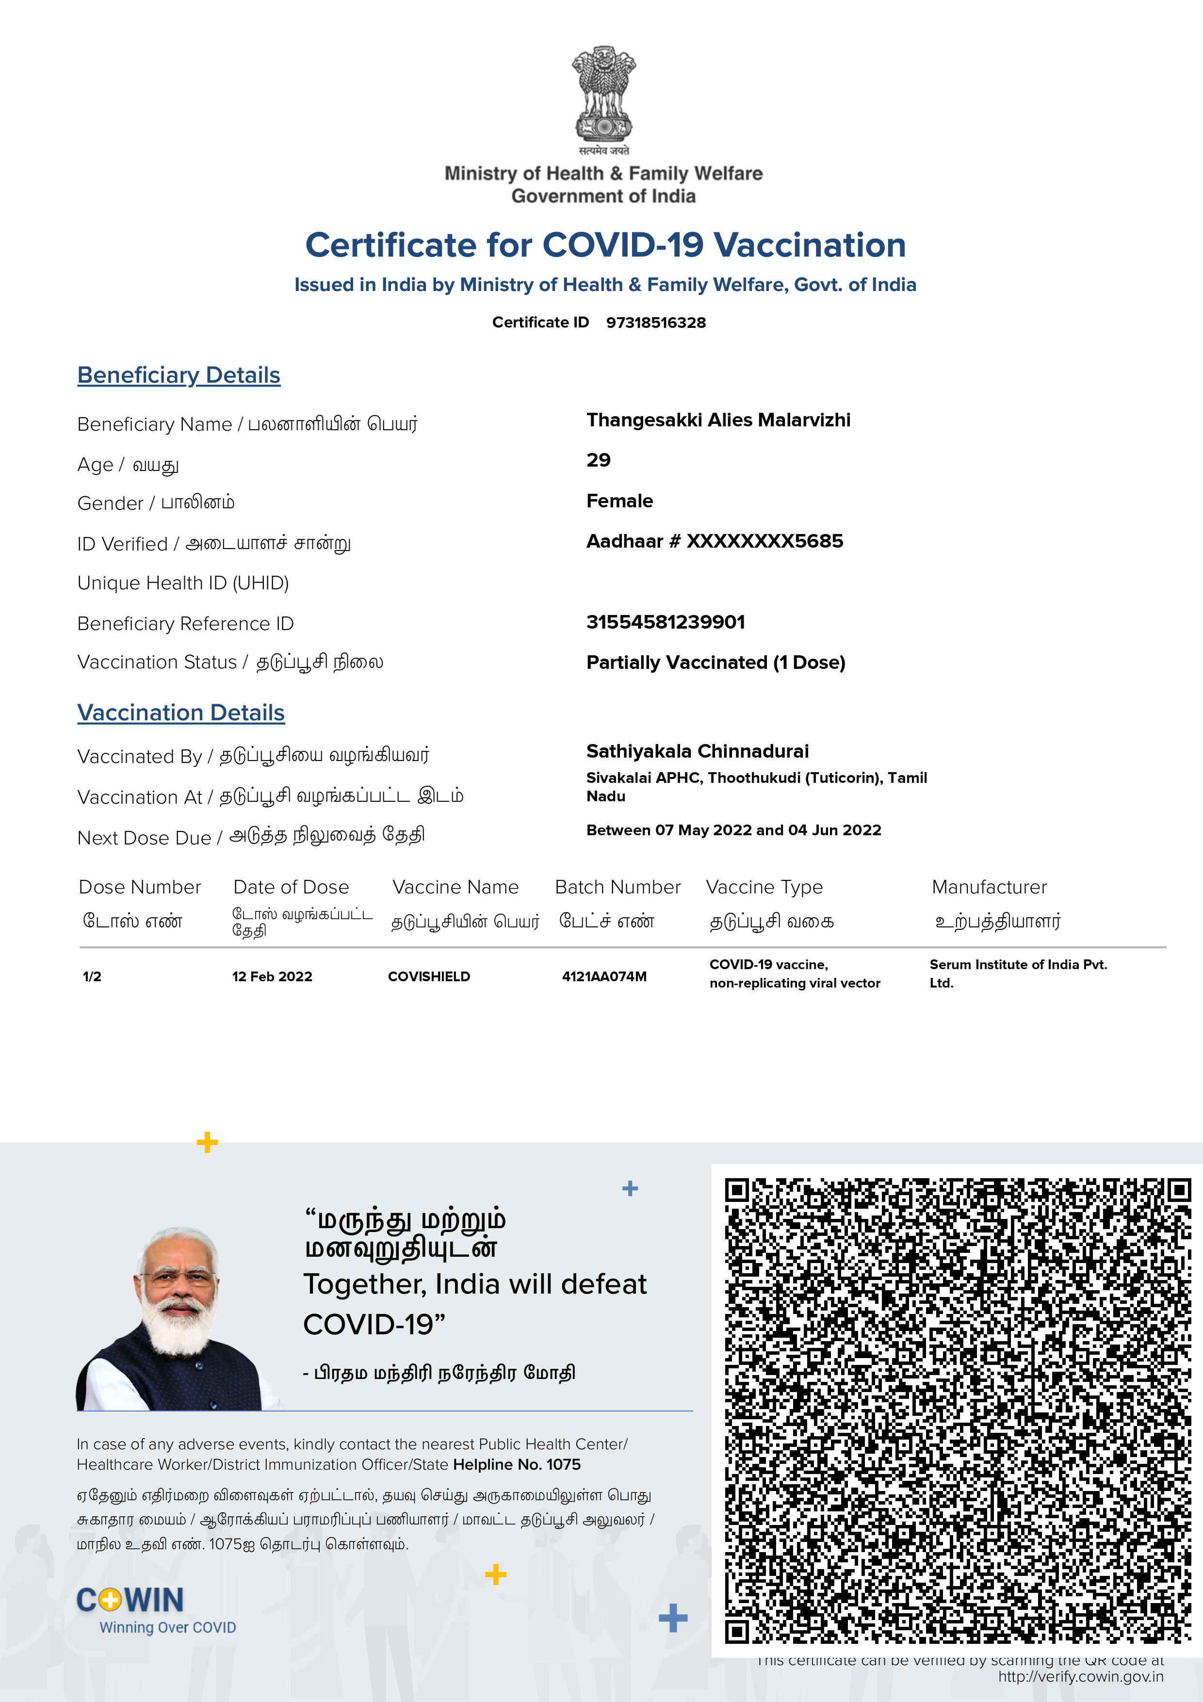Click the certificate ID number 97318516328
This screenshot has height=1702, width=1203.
click(x=655, y=323)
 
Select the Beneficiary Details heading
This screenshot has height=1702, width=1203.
click(x=179, y=375)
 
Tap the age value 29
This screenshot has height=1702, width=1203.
click(x=598, y=460)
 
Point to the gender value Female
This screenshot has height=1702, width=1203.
click(x=619, y=501)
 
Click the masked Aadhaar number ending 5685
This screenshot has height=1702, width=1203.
click(x=715, y=541)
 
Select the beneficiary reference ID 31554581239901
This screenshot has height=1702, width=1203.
click(x=665, y=622)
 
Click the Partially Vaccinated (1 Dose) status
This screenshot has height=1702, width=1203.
click(x=715, y=663)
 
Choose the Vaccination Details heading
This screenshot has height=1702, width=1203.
click(x=181, y=713)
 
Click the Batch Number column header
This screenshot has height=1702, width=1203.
click(x=618, y=887)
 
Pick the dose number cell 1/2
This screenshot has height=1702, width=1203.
click(x=92, y=976)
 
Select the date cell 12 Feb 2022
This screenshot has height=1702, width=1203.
click(x=272, y=976)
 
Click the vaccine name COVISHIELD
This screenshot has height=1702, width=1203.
click(x=428, y=976)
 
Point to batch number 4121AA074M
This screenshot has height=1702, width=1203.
click(x=604, y=976)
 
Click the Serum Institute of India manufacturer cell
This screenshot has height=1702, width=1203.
click(x=1018, y=973)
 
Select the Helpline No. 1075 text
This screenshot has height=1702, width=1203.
click(x=517, y=1464)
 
